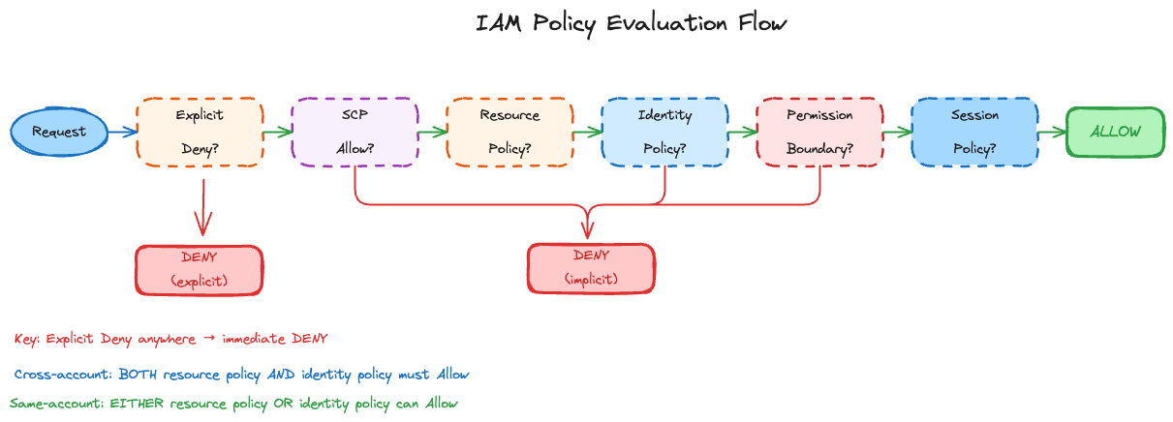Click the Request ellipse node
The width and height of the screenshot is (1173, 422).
click(58, 132)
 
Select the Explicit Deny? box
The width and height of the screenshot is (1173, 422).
click(200, 132)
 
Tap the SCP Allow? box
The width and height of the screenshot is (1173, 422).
click(355, 132)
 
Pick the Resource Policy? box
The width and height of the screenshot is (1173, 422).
click(509, 132)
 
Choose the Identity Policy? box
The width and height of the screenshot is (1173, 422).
click(664, 132)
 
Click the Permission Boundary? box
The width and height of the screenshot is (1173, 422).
click(819, 132)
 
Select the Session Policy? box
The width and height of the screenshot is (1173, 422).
click(974, 132)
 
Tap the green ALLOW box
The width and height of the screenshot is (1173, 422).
click(1115, 132)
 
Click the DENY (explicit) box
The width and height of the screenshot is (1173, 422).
click(199, 270)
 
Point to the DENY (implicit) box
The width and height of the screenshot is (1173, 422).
click(591, 268)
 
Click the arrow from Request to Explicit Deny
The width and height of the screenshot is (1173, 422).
click(122, 132)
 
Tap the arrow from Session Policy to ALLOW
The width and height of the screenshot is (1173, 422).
click(1052, 132)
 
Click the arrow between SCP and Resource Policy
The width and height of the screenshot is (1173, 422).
click(432, 132)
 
